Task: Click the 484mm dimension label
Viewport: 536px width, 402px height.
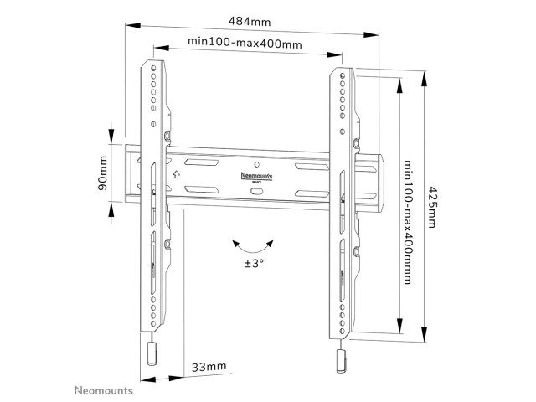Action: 250,22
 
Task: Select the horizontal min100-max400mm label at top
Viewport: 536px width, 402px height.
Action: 245,43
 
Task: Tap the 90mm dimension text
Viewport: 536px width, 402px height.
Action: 103,173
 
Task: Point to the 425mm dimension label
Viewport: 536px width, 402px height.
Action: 432,207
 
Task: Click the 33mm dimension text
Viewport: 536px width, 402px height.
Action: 209,367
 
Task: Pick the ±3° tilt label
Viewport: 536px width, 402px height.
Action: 254,264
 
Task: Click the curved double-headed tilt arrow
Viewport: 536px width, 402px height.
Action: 253,247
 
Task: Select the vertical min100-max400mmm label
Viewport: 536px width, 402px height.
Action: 408,222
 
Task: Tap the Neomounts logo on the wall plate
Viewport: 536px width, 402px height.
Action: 256,177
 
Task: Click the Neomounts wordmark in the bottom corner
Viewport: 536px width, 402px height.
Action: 104,391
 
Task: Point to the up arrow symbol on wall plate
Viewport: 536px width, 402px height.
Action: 176,174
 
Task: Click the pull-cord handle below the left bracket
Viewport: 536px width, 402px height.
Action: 152,353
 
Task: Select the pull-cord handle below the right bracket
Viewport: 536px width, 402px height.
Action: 342,361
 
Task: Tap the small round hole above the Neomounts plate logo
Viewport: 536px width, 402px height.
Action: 257,164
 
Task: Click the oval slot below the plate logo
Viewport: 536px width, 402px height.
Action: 257,191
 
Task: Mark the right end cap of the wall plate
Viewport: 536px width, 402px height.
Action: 380,183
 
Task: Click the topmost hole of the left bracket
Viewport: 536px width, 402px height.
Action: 153,68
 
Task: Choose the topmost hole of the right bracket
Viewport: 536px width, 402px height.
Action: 343,75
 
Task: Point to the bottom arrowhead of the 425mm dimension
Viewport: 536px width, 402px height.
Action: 424,333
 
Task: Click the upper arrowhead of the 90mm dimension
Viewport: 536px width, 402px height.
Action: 111,135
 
